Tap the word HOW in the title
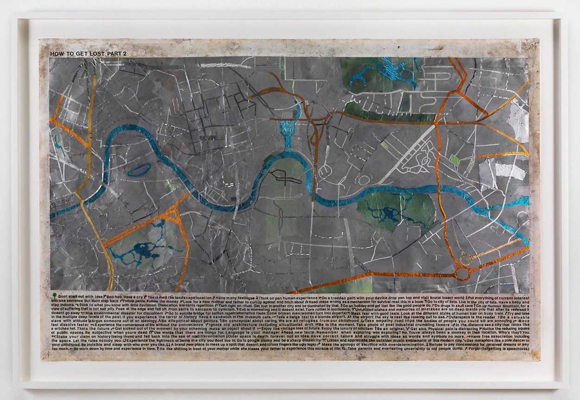coord(57,54)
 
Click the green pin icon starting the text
coord(55,295)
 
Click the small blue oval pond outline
coord(139,170)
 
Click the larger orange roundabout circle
coord(462,274)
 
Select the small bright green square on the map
coord(454,160)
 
